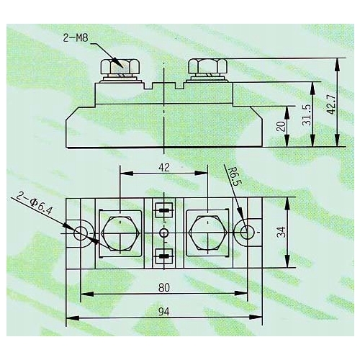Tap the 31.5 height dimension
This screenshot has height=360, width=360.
coord(307,114)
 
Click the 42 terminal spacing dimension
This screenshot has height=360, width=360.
coord(163,167)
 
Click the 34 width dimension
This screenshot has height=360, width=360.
coord(282,232)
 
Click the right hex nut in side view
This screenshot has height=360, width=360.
coord(208,67)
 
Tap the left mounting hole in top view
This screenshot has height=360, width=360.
coord(81,232)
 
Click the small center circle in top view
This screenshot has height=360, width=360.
coord(164,233)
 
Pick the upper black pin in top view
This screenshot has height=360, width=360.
coord(164,212)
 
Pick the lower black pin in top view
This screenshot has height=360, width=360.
coord(164,255)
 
